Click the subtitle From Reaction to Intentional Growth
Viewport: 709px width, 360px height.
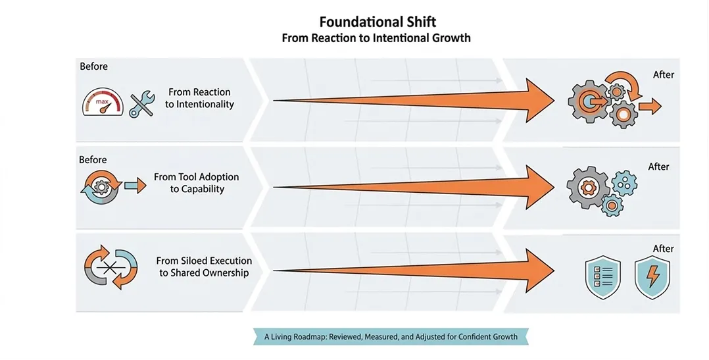point(376,38)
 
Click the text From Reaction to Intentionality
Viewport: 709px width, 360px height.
point(199,98)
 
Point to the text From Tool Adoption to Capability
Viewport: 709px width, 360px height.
point(197,183)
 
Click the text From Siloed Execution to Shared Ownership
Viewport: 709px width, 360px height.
point(204,267)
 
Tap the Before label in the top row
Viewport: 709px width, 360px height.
point(93,66)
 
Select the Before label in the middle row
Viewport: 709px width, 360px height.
point(93,160)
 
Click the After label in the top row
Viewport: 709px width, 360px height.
point(663,75)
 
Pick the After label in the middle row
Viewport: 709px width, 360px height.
point(658,167)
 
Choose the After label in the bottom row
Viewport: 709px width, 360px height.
point(663,249)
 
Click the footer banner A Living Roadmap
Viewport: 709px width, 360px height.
point(391,337)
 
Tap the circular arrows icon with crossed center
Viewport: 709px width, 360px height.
point(110,269)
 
